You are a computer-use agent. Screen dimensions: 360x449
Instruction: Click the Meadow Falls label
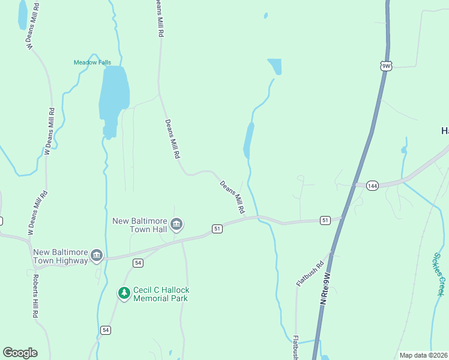92,62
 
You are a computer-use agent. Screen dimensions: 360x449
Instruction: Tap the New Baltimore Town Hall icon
176,225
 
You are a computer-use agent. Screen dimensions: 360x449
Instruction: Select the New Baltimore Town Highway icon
96,256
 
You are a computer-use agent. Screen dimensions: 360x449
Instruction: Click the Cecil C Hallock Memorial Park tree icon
124,294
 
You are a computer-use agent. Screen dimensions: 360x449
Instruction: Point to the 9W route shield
386,66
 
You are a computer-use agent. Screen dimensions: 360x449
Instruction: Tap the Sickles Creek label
439,274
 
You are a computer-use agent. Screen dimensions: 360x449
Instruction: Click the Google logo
20,353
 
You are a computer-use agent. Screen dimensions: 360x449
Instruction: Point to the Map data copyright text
423,355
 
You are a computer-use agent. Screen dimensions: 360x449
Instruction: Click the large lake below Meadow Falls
113,96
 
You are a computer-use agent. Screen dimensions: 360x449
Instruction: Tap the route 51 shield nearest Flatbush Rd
325,221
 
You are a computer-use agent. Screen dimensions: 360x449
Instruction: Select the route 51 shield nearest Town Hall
217,229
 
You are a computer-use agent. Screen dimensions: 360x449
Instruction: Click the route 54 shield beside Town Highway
138,263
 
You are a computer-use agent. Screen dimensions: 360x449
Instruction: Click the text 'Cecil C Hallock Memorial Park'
161,294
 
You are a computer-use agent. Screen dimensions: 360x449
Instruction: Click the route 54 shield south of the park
106,330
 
